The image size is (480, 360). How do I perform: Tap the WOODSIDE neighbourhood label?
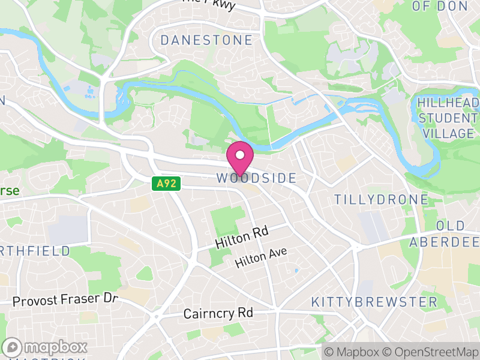(x=256, y=178)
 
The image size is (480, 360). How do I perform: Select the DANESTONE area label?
(x=206, y=41)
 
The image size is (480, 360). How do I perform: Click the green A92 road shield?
(x=165, y=184)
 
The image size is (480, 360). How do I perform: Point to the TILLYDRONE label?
(x=381, y=199)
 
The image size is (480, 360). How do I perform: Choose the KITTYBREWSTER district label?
(x=374, y=302)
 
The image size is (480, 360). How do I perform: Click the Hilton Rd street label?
(x=241, y=237)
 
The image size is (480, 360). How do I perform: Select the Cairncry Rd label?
(x=218, y=313)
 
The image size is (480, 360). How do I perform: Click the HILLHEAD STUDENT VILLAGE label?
(x=449, y=118)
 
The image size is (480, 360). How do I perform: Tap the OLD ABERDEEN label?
(x=446, y=234)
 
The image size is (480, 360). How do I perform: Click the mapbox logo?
(x=45, y=347)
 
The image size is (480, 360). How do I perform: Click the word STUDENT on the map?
(x=449, y=118)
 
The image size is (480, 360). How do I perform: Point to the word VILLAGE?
(x=449, y=133)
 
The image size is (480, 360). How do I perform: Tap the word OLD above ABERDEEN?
(x=451, y=226)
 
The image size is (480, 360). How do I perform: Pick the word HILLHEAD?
(x=449, y=103)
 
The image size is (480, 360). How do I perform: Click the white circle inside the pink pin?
(x=240, y=155)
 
